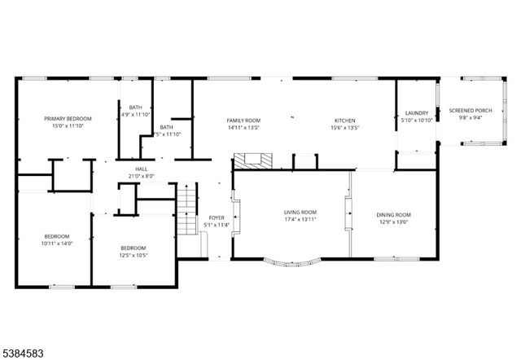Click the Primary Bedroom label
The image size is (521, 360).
click(68, 118)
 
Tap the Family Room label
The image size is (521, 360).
click(243, 121)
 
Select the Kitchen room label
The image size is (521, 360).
click(345, 121)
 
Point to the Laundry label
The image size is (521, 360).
click(417, 113)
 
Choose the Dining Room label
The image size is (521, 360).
click(393, 215)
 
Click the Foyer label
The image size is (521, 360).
click(217, 217)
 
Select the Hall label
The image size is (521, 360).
click(140, 169)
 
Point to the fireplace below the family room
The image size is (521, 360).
click(248, 160)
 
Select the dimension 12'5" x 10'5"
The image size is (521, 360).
click(133, 255)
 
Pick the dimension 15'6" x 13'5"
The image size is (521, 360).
click(345, 128)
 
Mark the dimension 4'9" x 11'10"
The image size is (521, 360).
click(135, 115)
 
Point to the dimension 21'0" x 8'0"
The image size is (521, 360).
click(140, 176)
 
